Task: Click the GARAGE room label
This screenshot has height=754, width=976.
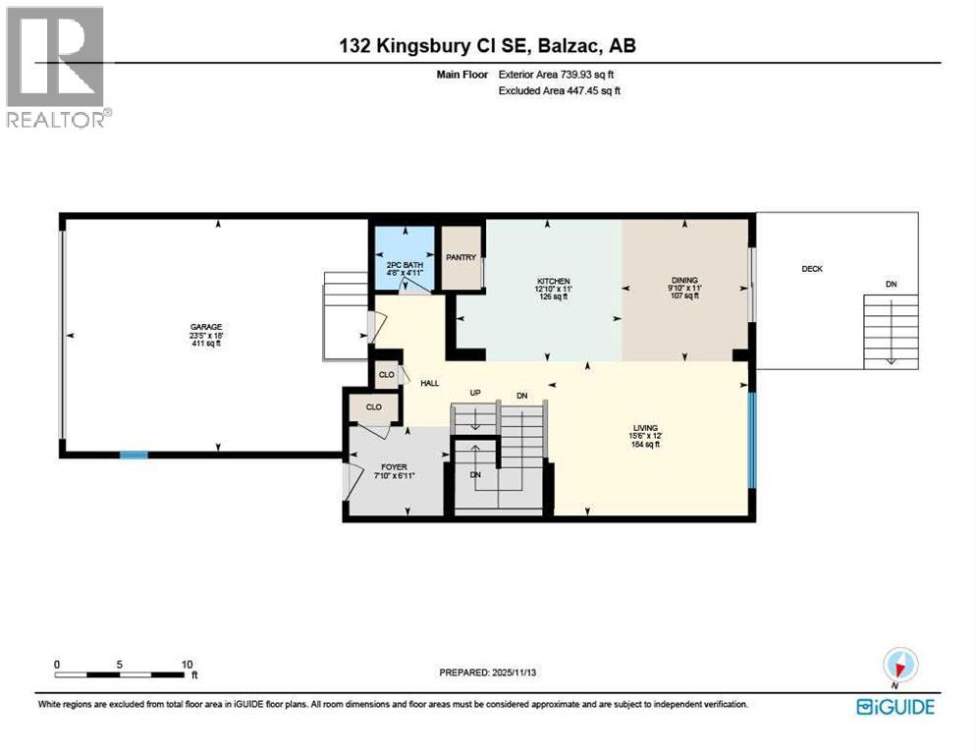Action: pos(206,327)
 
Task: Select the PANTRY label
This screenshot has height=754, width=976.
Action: pos(461,258)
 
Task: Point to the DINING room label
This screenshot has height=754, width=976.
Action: pos(683,280)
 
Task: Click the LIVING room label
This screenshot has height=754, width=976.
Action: pos(645,428)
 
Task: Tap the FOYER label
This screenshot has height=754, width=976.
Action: pos(394,467)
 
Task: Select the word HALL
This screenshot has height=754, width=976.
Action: pos(429,383)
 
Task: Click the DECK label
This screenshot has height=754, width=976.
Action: pos(811,269)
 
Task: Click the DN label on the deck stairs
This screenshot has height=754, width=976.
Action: pos(891,285)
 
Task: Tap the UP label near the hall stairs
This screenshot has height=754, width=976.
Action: pos(475,393)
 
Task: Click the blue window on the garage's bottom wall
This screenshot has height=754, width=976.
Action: pos(134,455)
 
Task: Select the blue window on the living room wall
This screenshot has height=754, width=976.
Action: pos(752,439)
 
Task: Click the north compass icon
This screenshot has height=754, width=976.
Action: pos(900,666)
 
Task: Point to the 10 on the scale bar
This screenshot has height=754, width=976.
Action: pos(188,664)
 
